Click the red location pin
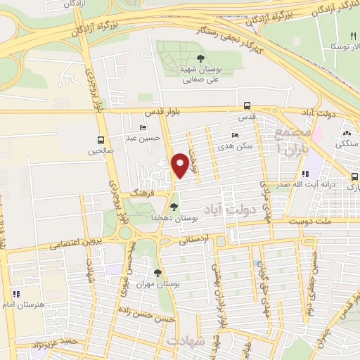coord(181,165)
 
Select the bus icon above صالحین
coord(101,139)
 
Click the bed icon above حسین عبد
coord(143,128)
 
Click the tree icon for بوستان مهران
coord(157,273)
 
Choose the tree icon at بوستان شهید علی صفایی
coord(201,59)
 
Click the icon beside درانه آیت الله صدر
coord(304,174)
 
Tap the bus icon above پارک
coord(355,177)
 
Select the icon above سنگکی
coord(346,132)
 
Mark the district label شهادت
coord(186,340)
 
